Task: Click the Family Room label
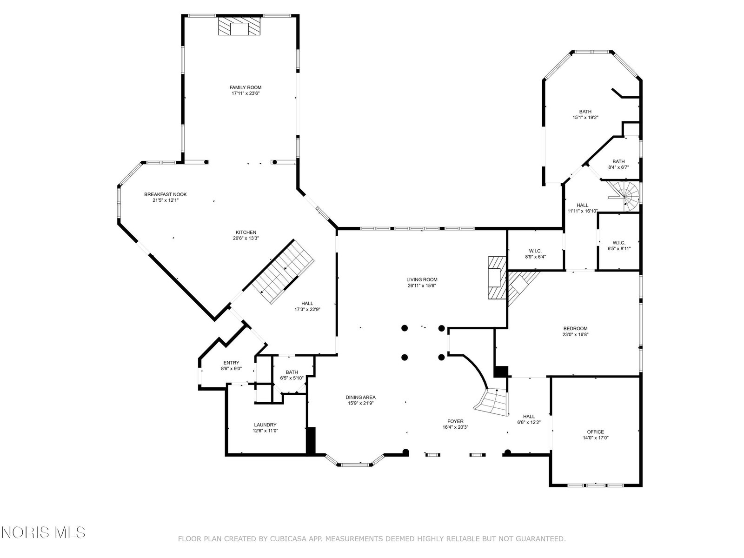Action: tap(246, 87)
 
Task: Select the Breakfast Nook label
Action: tap(166, 194)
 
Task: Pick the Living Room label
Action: tap(422, 279)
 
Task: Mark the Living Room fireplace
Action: tap(497, 278)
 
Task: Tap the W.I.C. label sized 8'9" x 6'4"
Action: tap(535, 251)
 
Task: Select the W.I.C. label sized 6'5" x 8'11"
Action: tap(619, 243)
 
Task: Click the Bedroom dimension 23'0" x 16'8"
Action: tap(576, 334)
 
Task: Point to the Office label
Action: tap(596, 432)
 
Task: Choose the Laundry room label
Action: tap(266, 425)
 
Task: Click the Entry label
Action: tap(231, 363)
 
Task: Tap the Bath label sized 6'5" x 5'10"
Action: tap(292, 372)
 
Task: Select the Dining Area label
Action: tap(361, 398)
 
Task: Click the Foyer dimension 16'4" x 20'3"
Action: tap(456, 427)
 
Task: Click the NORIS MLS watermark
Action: tap(43, 532)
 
